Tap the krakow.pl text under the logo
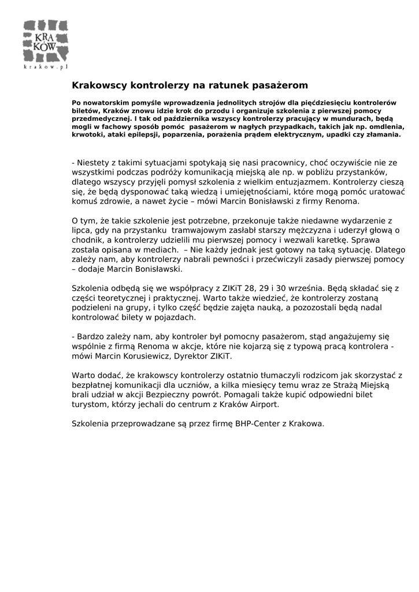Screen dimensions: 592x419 [x=46, y=67]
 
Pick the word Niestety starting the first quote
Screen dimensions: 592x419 [x=94, y=163]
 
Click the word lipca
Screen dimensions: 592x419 [x=81, y=230]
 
